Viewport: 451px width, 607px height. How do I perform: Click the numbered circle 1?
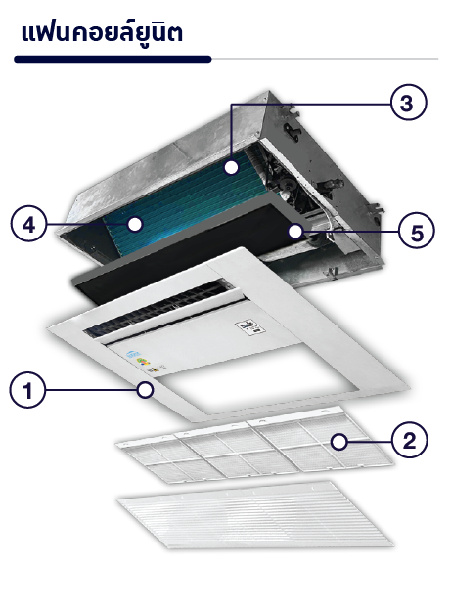click(27, 390)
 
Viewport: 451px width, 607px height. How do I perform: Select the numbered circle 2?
click(410, 440)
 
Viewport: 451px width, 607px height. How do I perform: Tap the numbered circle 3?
click(408, 103)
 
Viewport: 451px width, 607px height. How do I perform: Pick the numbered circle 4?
click(28, 224)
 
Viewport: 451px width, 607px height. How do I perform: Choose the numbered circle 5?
click(417, 232)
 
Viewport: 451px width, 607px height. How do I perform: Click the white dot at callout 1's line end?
click(146, 389)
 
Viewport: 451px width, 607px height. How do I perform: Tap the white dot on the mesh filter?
click(339, 442)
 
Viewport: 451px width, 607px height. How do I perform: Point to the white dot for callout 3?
click(231, 168)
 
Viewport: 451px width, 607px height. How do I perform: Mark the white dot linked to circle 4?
click(135, 224)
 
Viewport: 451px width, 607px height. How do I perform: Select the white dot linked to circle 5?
click(295, 232)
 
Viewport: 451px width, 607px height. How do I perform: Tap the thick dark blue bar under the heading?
click(113, 60)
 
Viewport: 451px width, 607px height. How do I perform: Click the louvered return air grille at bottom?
click(255, 515)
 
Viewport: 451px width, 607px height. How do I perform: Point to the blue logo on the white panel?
click(133, 354)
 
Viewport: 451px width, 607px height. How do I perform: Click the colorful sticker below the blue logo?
click(142, 363)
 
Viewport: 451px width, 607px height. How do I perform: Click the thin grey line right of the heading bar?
click(325, 59)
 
